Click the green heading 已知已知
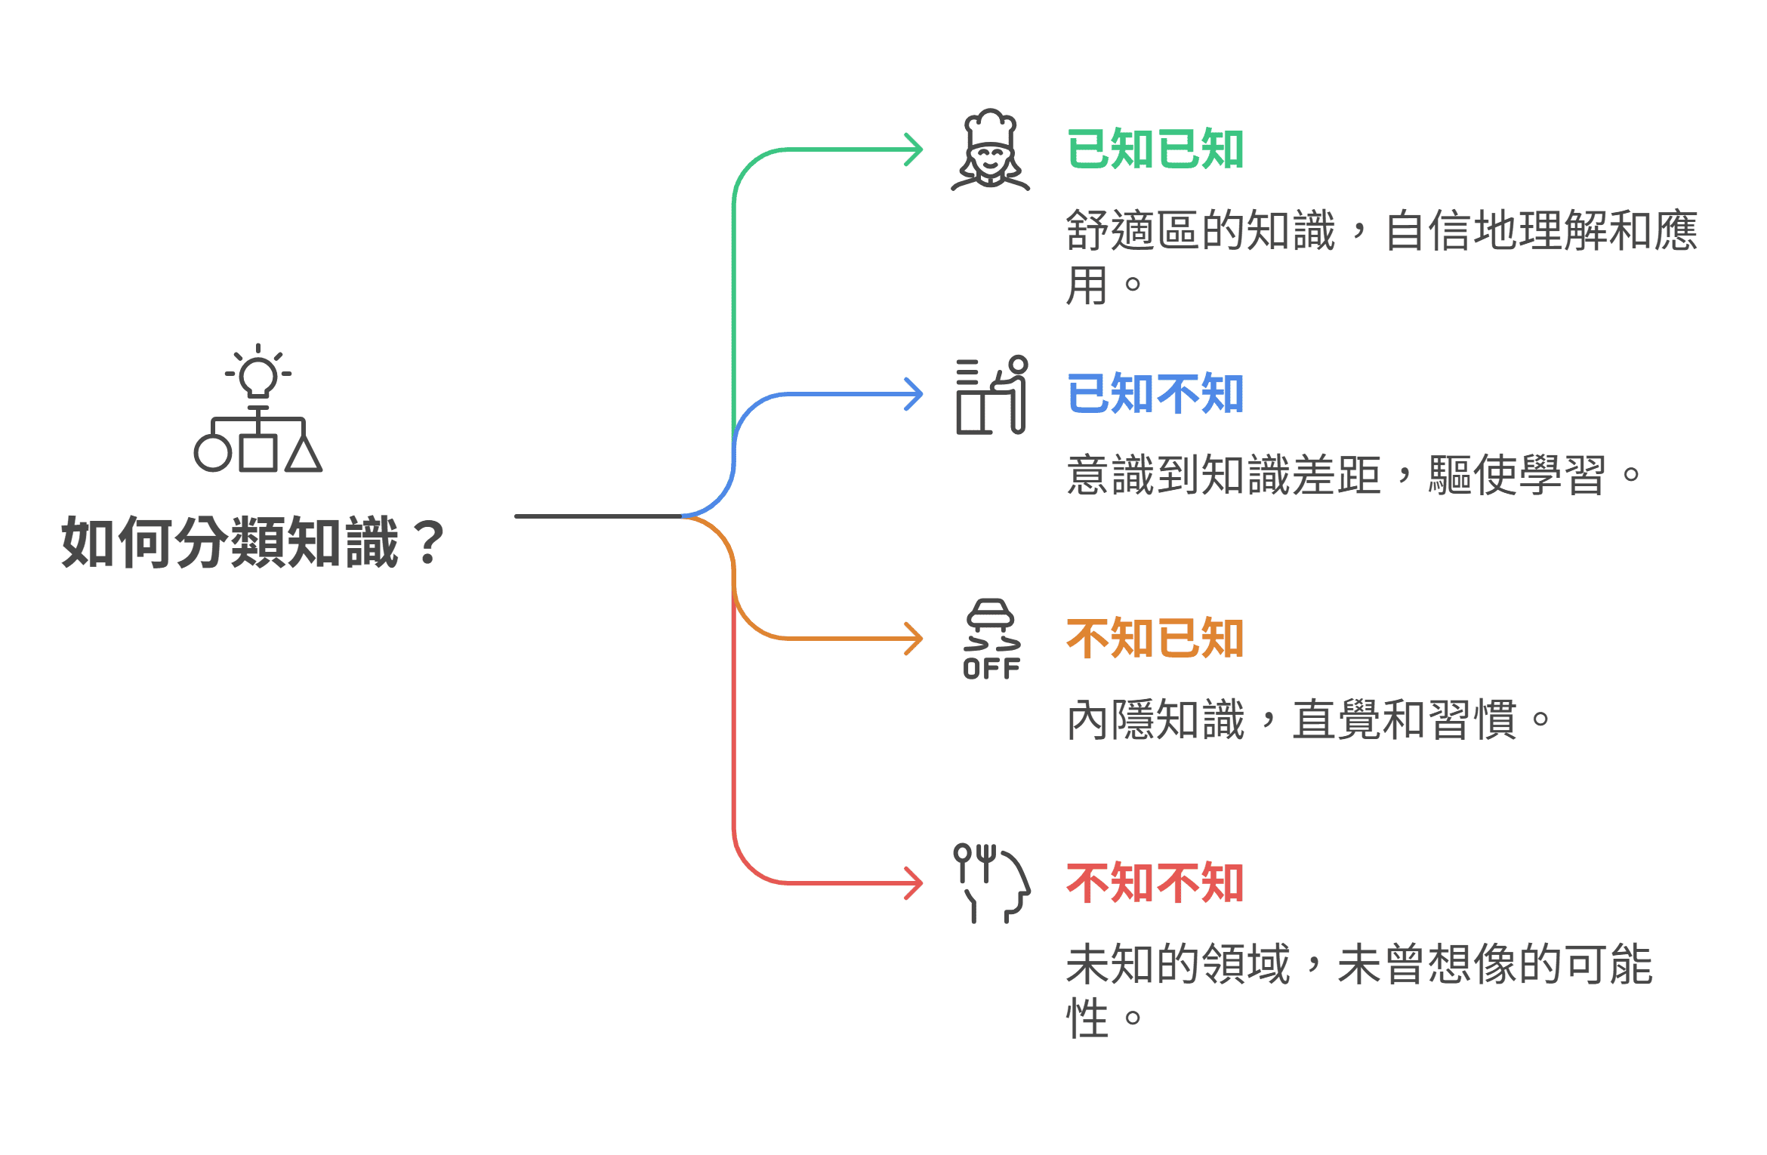point(1155,149)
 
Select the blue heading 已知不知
point(1155,394)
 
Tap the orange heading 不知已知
point(1155,639)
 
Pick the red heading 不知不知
point(1155,883)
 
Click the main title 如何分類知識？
point(253,542)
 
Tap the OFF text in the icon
point(991,669)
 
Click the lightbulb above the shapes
point(258,374)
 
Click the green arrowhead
point(915,149)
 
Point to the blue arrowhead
point(915,394)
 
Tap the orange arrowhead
point(915,639)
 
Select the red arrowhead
point(915,883)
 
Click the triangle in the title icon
point(304,454)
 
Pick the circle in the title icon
point(213,454)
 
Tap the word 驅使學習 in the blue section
point(1516,475)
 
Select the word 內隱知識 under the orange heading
point(1155,719)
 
